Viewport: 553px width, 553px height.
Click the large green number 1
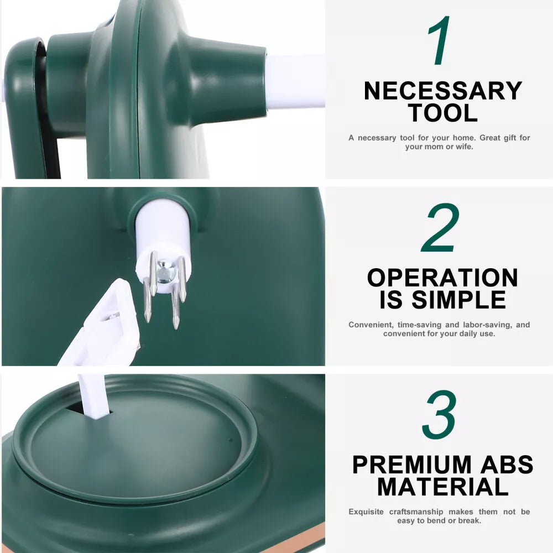[440, 40]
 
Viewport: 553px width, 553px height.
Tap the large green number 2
[441, 227]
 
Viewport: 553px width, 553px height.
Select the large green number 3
[440, 415]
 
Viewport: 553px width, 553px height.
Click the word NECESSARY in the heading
[442, 91]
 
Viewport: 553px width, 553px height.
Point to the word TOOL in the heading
[442, 113]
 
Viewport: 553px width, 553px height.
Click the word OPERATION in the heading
[442, 278]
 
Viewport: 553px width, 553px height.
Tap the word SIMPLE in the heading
[458, 300]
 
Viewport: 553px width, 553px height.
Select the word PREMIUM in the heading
[411, 465]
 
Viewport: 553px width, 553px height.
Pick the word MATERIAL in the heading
[442, 487]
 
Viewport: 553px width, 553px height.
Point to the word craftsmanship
[416, 512]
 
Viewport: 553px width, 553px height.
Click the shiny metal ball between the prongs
[165, 272]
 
